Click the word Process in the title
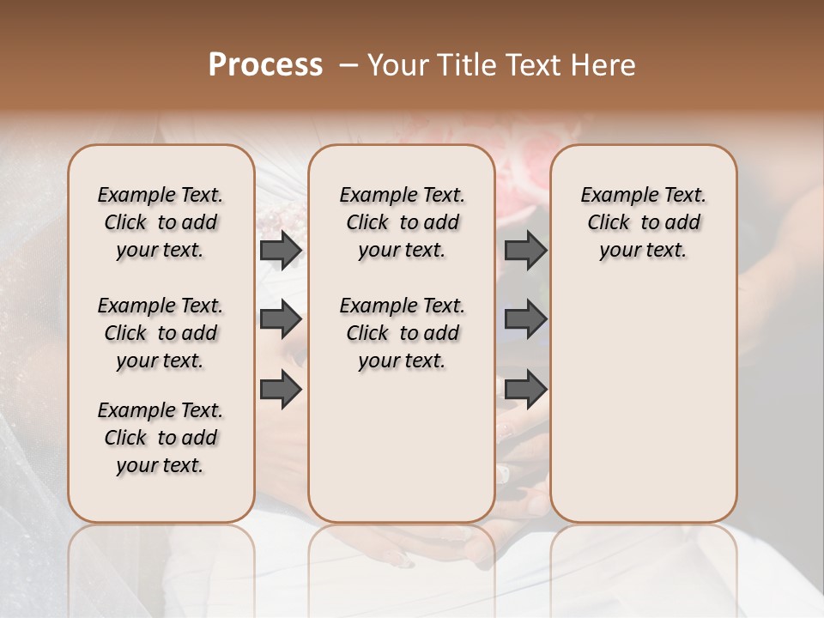tap(265, 65)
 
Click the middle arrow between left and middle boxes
tap(281, 319)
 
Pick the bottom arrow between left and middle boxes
tap(281, 389)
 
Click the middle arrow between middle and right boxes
tap(525, 319)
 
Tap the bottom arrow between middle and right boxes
tap(525, 389)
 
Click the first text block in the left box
tap(161, 222)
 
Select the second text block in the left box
tap(161, 333)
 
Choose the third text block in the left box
tap(161, 438)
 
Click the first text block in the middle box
tap(402, 222)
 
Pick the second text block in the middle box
tap(402, 333)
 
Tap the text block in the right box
tap(643, 222)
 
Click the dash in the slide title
tap(348, 65)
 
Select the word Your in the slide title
tap(395, 65)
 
